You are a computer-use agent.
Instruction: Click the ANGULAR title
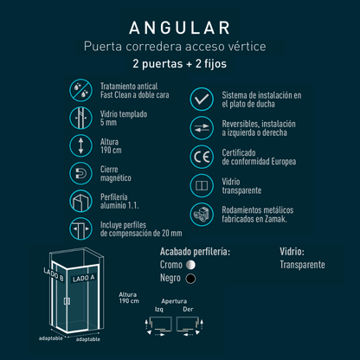tap(179, 28)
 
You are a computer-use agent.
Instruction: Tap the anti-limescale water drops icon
tap(80, 90)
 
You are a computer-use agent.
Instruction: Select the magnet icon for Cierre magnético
tap(80, 173)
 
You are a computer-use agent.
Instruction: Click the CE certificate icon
tap(202, 157)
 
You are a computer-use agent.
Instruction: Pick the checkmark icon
tap(202, 100)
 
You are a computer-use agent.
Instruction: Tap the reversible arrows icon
tap(202, 128)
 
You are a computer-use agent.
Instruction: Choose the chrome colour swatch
tap(190, 265)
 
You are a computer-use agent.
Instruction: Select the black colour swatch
tap(190, 279)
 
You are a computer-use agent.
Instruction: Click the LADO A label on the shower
tap(84, 278)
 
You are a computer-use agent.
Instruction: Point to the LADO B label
tap(54, 274)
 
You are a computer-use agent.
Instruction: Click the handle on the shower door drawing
tap(67, 301)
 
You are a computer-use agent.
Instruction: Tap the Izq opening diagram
tap(158, 325)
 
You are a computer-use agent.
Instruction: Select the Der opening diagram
tap(190, 325)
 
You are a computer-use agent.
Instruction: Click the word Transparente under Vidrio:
tap(302, 265)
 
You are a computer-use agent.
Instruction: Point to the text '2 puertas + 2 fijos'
tap(179, 64)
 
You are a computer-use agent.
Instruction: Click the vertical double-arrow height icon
tap(80, 145)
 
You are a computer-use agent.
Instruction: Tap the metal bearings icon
tap(202, 215)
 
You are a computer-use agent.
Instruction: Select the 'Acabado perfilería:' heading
tap(195, 252)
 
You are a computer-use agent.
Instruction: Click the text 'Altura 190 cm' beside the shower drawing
tap(129, 298)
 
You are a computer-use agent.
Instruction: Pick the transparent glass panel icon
tap(202, 185)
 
